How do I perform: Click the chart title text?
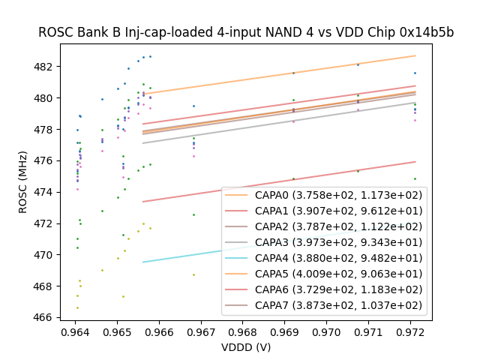click(x=246, y=32)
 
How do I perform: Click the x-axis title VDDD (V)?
click(x=246, y=347)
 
